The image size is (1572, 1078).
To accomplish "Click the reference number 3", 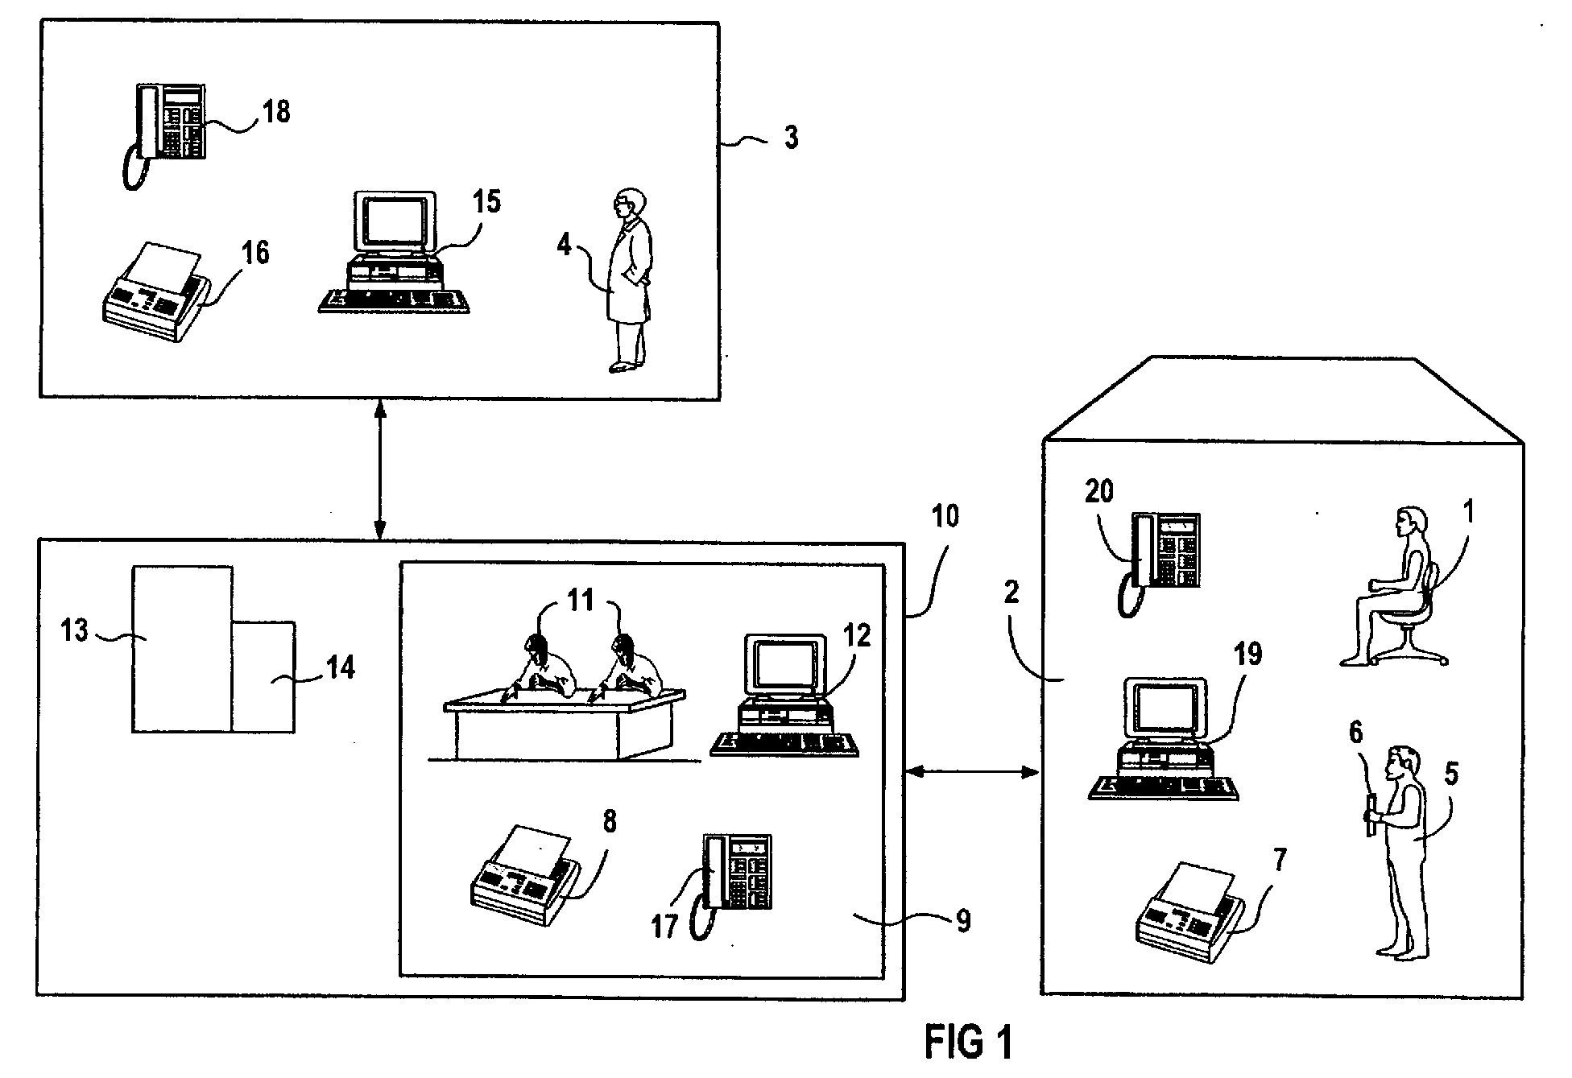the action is coord(792,138).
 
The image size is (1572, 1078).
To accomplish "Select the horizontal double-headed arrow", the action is coord(972,772).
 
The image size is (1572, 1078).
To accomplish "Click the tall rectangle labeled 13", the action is coord(183,648).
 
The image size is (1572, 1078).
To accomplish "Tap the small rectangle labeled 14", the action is coord(264,676).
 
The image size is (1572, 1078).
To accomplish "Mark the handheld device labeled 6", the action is coord(1369,816).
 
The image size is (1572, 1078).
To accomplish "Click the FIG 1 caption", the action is coord(968,1042).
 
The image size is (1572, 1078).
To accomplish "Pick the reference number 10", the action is coord(946,516).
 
